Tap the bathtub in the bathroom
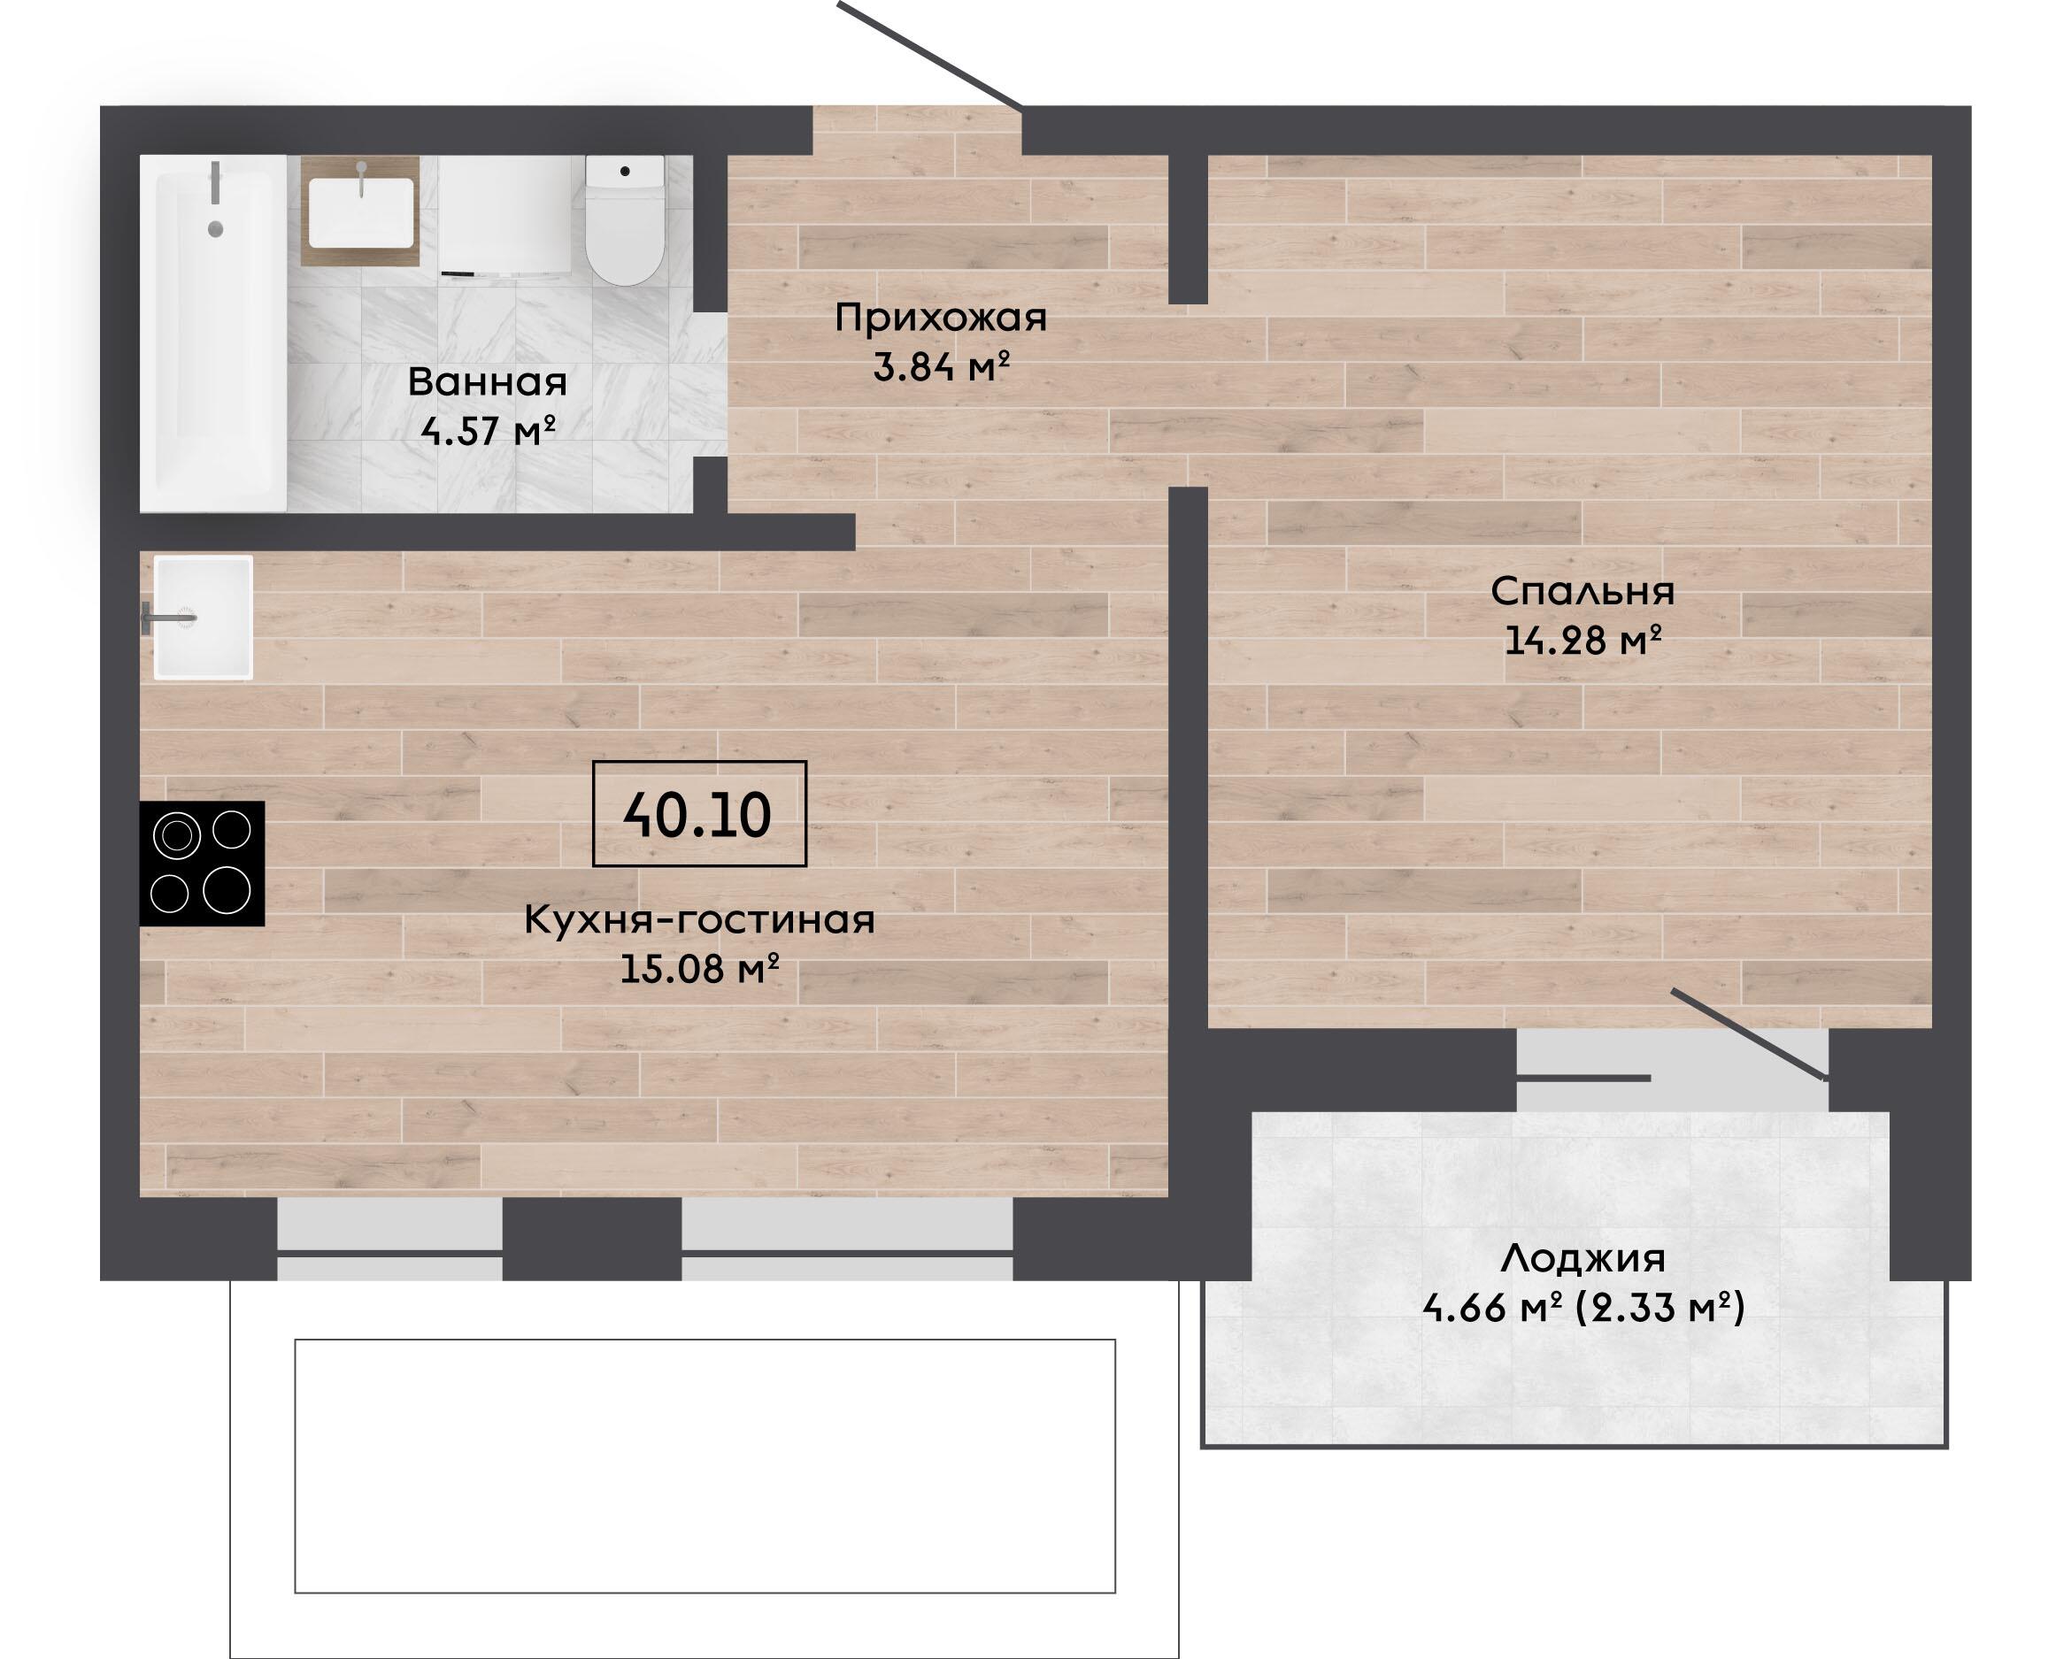pyautogui.click(x=213, y=334)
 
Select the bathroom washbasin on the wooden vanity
pyautogui.click(x=361, y=212)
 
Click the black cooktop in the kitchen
pyautogui.click(x=202, y=863)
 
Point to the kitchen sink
pyautogui.click(x=204, y=618)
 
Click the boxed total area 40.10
pyautogui.click(x=698, y=814)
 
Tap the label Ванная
pyautogui.click(x=488, y=382)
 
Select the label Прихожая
pyautogui.click(x=941, y=319)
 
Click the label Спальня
pyautogui.click(x=1582, y=593)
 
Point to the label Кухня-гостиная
pyautogui.click(x=698, y=920)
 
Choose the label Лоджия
pyautogui.click(x=1582, y=1258)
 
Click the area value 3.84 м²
pyautogui.click(x=942, y=367)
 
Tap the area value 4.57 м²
pyautogui.click(x=489, y=431)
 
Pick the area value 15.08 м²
pyautogui.click(x=698, y=969)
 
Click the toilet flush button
pyautogui.click(x=625, y=171)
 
